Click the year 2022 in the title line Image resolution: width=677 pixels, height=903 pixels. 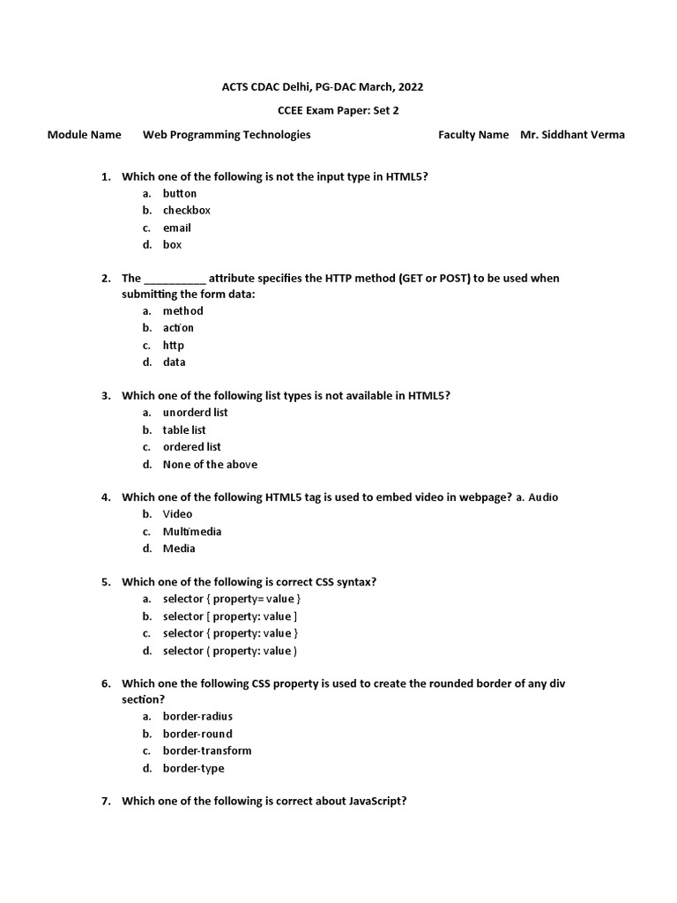[409, 86]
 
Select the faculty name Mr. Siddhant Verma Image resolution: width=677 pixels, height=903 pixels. [572, 135]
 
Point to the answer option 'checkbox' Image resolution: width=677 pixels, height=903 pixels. [186, 210]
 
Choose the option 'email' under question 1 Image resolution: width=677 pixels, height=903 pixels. [176, 228]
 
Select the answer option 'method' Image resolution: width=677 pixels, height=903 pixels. [182, 310]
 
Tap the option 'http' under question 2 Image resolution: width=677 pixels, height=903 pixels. [174, 345]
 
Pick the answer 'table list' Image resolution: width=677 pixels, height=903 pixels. [184, 429]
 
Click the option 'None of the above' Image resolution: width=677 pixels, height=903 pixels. [210, 464]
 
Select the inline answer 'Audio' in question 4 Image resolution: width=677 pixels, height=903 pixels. [543, 497]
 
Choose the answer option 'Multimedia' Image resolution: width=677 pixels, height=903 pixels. [192, 531]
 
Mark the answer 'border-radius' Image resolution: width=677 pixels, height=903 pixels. [197, 716]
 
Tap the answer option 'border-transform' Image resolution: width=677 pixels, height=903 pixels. [207, 750]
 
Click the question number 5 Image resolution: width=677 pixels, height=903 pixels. [106, 582]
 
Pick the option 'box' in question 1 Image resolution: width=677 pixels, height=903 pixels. [172, 244]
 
